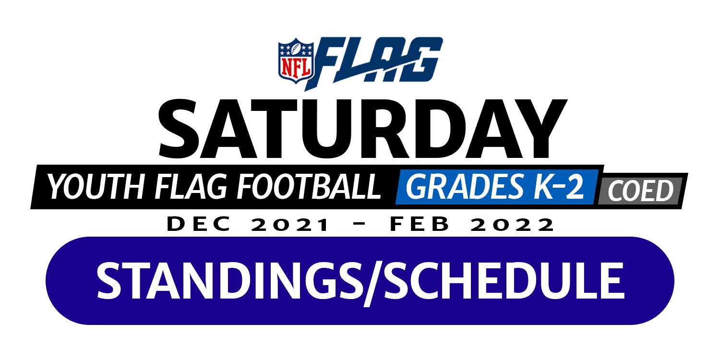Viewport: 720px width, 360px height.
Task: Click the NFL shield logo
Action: tap(296, 61)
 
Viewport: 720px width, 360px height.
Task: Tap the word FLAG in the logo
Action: tap(374, 63)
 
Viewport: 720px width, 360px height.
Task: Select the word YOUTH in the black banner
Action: tap(96, 187)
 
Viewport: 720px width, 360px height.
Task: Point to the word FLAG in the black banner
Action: tap(191, 187)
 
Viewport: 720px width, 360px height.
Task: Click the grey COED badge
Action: tap(640, 191)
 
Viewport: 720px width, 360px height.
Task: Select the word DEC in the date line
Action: tap(199, 224)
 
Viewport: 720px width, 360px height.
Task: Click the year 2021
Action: tap(290, 224)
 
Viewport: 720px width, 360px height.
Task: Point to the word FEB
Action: tap(420, 224)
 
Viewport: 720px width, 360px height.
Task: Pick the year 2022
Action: tap(512, 224)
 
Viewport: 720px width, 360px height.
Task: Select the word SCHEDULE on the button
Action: tap(504, 281)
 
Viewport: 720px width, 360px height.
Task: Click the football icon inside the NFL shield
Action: tap(296, 48)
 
